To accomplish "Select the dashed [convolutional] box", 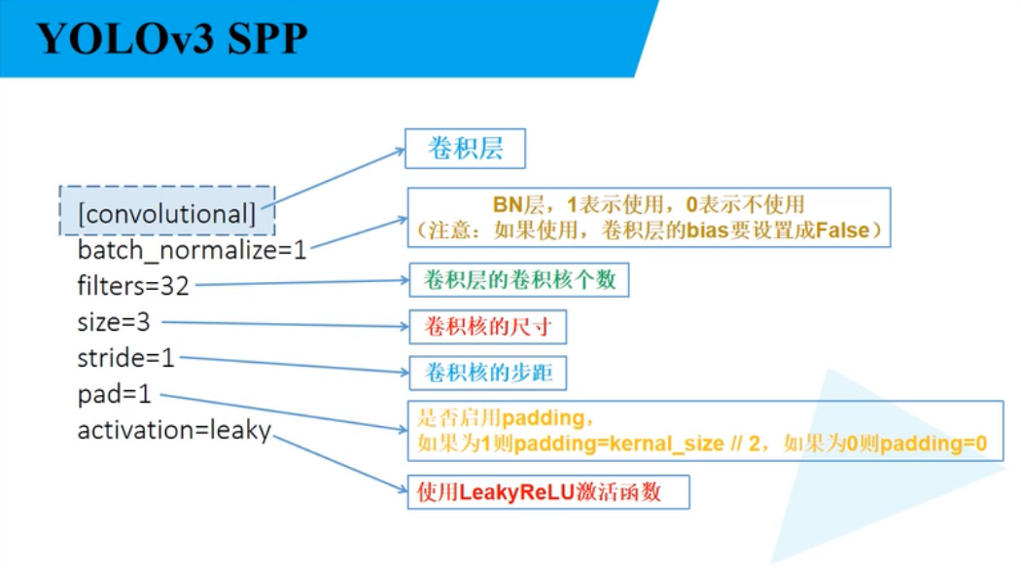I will click(x=166, y=211).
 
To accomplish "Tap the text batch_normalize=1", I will click(x=192, y=250).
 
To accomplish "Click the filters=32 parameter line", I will click(x=133, y=286).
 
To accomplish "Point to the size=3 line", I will click(x=114, y=322).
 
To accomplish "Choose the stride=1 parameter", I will click(x=125, y=358).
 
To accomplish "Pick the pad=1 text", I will click(x=117, y=394).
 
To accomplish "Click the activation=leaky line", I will click(x=174, y=430).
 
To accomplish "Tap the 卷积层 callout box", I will click(x=465, y=150).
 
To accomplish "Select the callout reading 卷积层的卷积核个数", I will click(x=518, y=280).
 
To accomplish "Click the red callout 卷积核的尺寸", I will click(x=487, y=327).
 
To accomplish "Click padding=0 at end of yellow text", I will click(x=939, y=444).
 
